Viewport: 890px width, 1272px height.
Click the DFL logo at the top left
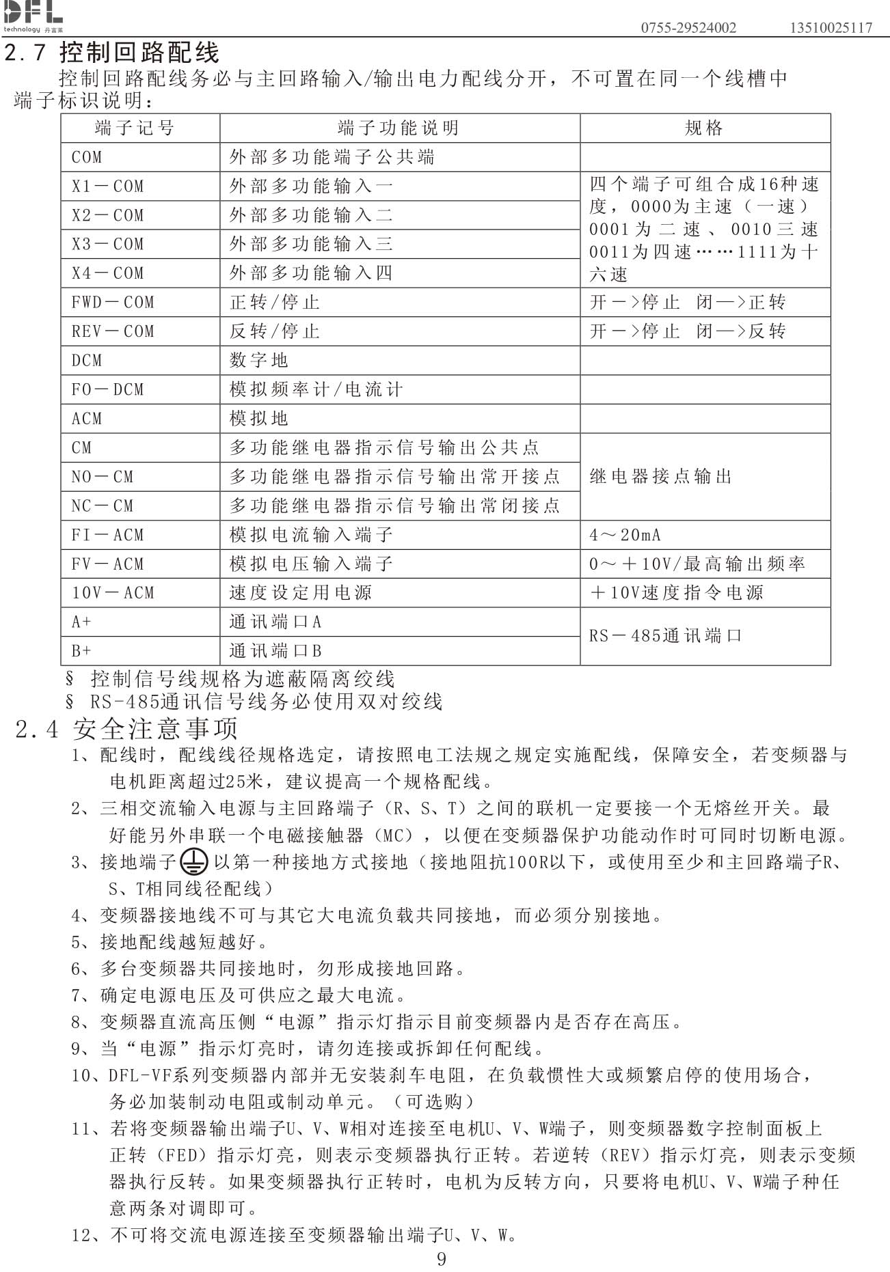33,15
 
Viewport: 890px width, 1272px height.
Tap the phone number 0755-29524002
688,28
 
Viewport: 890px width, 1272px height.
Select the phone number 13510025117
831,28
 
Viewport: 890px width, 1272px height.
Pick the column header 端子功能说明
399,128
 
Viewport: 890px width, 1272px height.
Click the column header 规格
704,128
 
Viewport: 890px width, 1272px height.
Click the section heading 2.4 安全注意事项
127,729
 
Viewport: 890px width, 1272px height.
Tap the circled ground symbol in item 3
193,863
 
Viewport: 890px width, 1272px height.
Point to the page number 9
442,1259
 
